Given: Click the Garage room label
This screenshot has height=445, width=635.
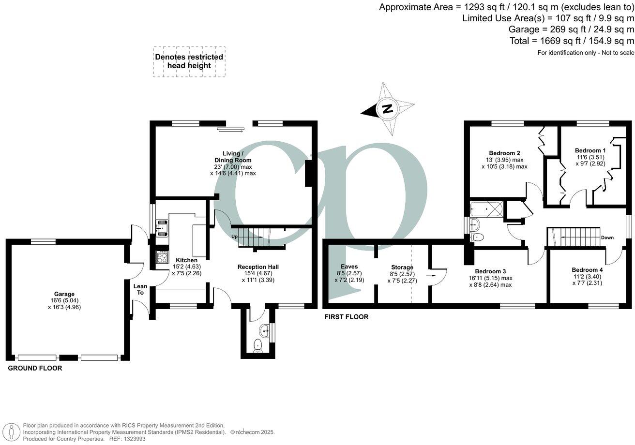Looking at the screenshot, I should pos(64,294).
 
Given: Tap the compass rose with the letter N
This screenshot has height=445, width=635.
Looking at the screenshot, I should pos(388,108).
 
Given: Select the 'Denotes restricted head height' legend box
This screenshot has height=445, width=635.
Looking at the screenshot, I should pos(189,61).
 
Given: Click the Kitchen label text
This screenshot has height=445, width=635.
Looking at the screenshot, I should pos(186,260).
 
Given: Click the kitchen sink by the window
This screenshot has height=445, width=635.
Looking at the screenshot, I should pos(162,226).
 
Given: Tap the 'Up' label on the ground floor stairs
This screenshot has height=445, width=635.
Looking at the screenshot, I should pos(235,237).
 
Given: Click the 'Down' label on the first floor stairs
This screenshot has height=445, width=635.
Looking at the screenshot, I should pos(607,237).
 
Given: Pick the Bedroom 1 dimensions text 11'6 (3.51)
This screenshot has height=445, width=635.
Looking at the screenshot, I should pos(590,157).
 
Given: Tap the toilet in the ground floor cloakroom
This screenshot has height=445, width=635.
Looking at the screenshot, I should pos(258,345).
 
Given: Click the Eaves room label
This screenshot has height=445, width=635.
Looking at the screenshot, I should pos(348,266).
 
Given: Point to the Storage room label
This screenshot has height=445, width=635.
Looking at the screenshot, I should pos(402,267).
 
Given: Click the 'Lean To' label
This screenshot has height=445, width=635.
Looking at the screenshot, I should pos(140,289).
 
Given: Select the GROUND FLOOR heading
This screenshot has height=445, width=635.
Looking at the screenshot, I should pos(35,368).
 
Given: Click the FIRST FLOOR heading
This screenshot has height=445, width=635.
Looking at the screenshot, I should pos(346,317).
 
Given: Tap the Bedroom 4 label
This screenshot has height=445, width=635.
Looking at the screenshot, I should pos(587,270).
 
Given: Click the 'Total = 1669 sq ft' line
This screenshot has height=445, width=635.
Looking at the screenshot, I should pos(571,41).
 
